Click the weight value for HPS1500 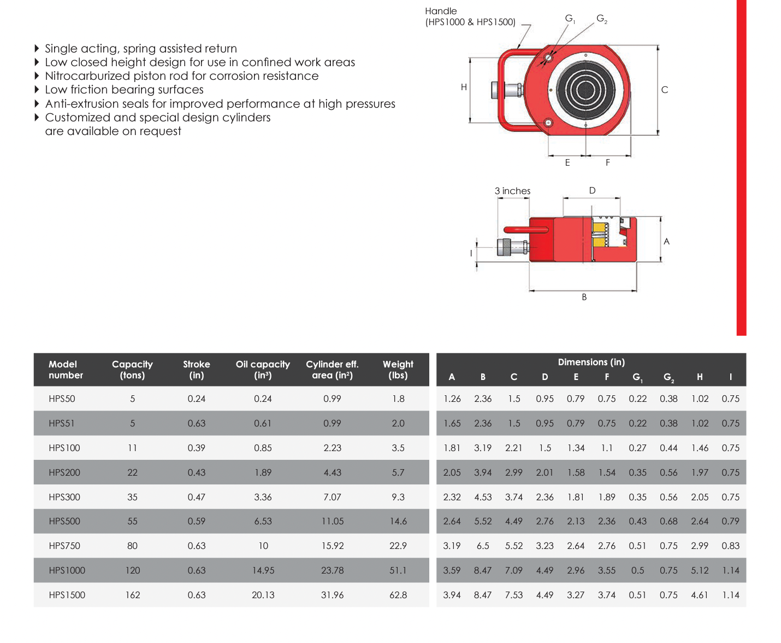pos(398,595)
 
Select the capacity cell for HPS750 pos(132,546)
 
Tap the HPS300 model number pos(64,497)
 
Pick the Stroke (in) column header pos(196,370)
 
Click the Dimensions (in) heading pos(591,363)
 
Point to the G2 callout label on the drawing pos(602,19)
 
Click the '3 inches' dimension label pos(512,191)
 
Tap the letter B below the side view pos(584,297)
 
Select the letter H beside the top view pos(464,87)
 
